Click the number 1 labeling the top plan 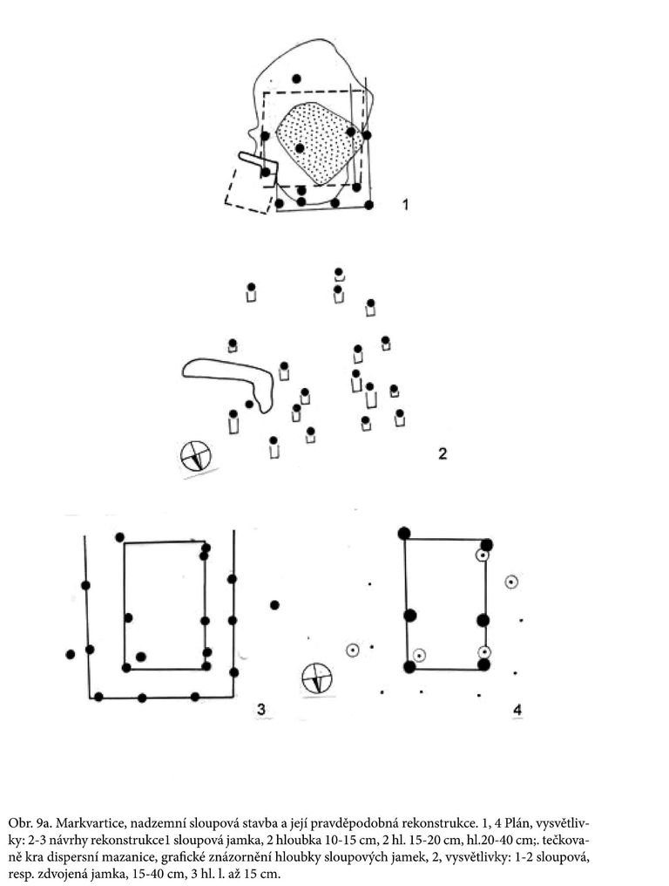(405, 204)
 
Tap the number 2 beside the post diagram (443, 453)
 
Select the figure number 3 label (260, 709)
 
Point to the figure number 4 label (517, 710)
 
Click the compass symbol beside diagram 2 (195, 455)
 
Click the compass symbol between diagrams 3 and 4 (317, 678)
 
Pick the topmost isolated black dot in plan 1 (296, 78)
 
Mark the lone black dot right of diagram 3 (274, 605)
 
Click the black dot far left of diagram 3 (70, 654)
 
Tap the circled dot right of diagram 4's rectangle (511, 582)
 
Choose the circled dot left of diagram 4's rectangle (352, 651)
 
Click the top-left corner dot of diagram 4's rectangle (403, 533)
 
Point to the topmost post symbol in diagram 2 (339, 275)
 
